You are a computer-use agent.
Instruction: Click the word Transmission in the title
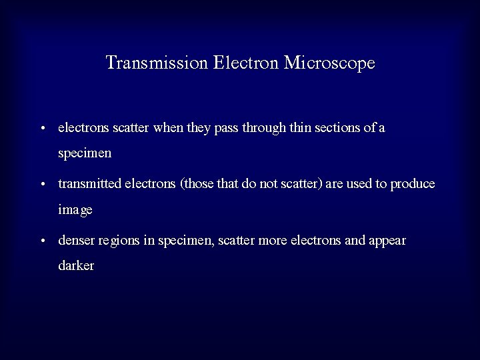pyautogui.click(x=157, y=63)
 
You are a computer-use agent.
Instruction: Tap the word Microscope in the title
pyautogui.click(x=329, y=63)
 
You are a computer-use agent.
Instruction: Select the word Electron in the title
pyautogui.click(x=247, y=63)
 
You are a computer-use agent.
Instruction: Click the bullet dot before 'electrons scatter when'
pyautogui.click(x=42, y=128)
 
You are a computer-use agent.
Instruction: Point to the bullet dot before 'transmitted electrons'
pyautogui.click(x=42, y=185)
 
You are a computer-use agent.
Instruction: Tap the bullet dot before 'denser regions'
pyautogui.click(x=42, y=241)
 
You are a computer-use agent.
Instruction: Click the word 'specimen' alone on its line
pyautogui.click(x=85, y=153)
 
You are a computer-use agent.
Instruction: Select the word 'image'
pyautogui.click(x=75, y=210)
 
